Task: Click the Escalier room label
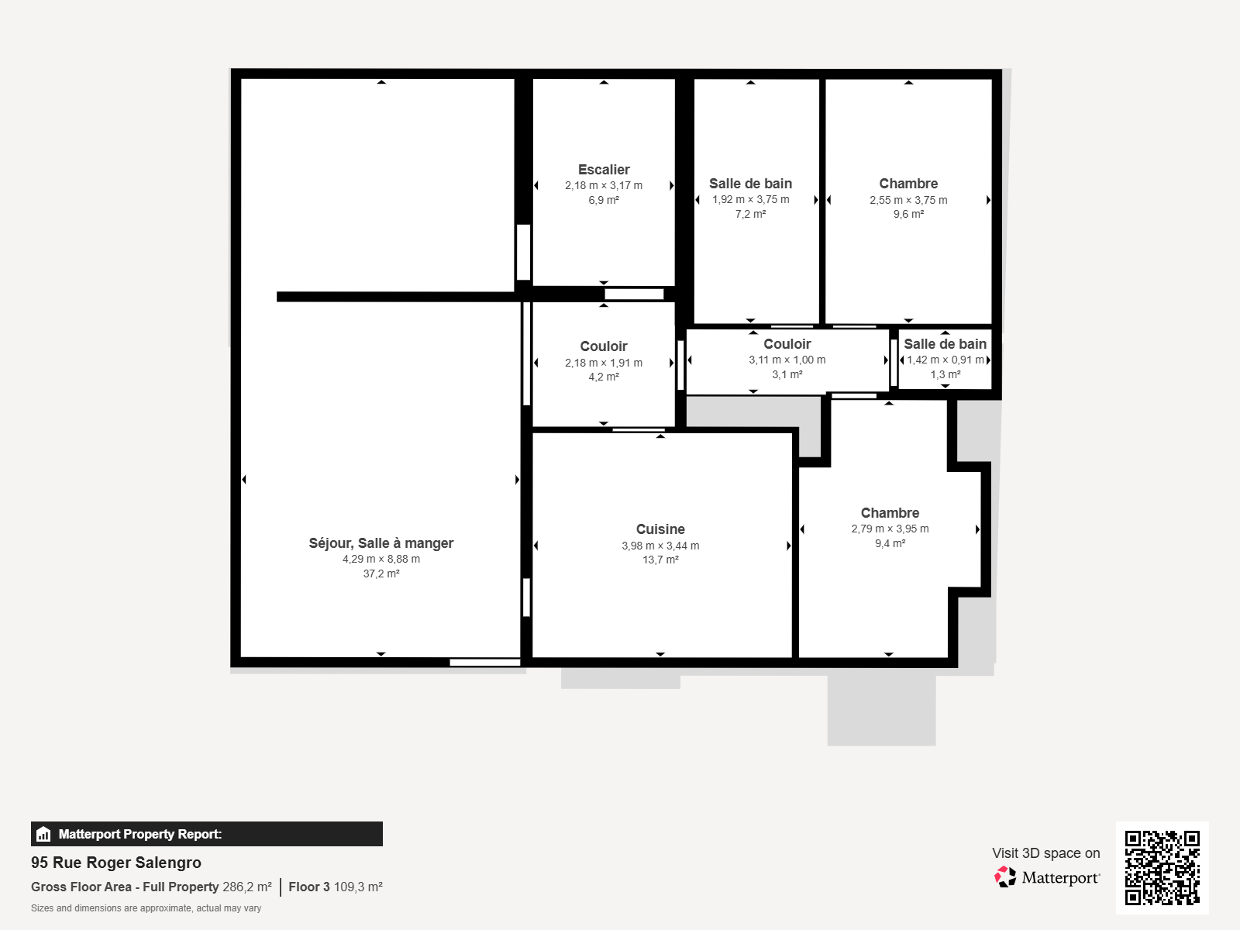[603, 170]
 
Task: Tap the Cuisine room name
[660, 529]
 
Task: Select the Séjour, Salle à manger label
[381, 543]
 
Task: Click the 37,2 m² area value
[381, 573]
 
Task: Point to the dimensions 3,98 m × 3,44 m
[660, 546]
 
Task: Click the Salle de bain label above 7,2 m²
[750, 184]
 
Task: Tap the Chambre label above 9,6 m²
[908, 184]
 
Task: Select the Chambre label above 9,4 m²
[890, 513]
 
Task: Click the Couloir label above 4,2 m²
[603, 346]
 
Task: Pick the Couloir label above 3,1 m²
[787, 344]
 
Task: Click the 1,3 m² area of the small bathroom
[945, 374]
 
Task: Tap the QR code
[1162, 868]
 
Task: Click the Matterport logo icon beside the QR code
[1005, 877]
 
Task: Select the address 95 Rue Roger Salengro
[115, 863]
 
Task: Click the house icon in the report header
[43, 834]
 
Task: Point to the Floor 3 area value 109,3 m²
[358, 887]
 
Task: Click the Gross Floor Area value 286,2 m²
[247, 887]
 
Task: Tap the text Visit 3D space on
[1045, 853]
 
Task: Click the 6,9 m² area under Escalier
[603, 200]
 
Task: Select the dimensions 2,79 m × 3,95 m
[890, 529]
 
